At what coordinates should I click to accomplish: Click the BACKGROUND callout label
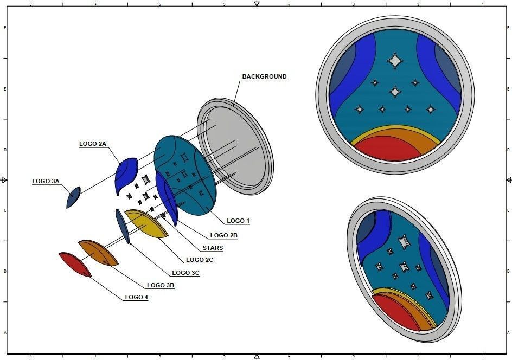[x=264, y=76]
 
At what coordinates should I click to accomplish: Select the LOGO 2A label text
[x=93, y=144]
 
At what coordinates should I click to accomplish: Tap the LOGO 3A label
[x=46, y=181]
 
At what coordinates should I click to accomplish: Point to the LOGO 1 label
[x=238, y=221]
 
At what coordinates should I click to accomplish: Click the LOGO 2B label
[x=223, y=235]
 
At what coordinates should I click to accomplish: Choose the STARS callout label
[x=213, y=248]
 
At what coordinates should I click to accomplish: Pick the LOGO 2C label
[x=200, y=260]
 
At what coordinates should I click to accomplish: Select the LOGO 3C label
[x=185, y=273]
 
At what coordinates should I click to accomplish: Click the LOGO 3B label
[x=161, y=285]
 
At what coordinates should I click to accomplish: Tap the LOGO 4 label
[x=136, y=297]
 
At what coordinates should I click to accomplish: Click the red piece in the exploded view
[x=74, y=263]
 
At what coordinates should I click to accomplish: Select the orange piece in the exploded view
[x=99, y=252]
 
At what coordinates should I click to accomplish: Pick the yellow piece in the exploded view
[x=146, y=223]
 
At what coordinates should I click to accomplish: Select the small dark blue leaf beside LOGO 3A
[x=73, y=197]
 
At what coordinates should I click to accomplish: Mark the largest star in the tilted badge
[x=404, y=242]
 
